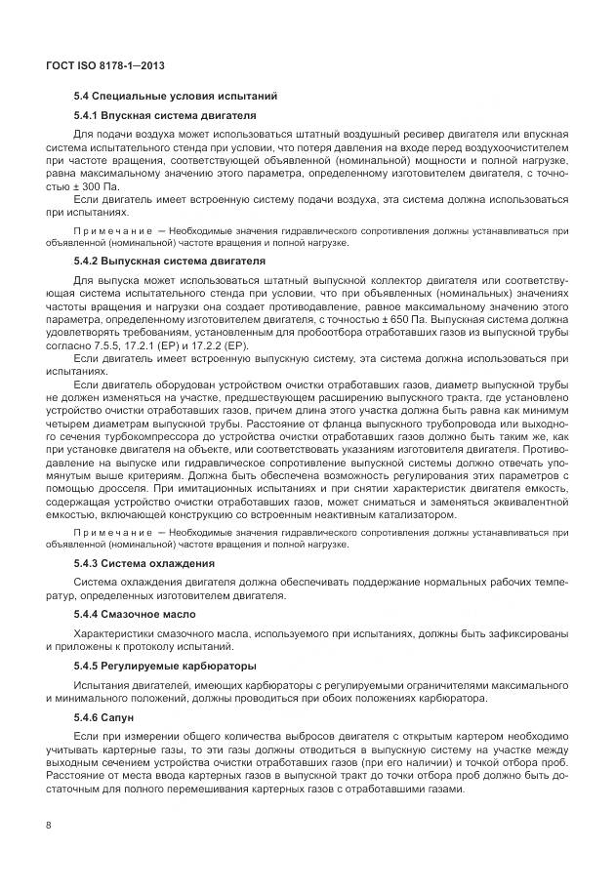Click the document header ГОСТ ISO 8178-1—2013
[104, 65]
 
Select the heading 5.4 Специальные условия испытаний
[177, 97]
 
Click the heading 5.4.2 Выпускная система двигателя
[170, 262]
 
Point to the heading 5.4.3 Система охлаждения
[145, 564]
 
